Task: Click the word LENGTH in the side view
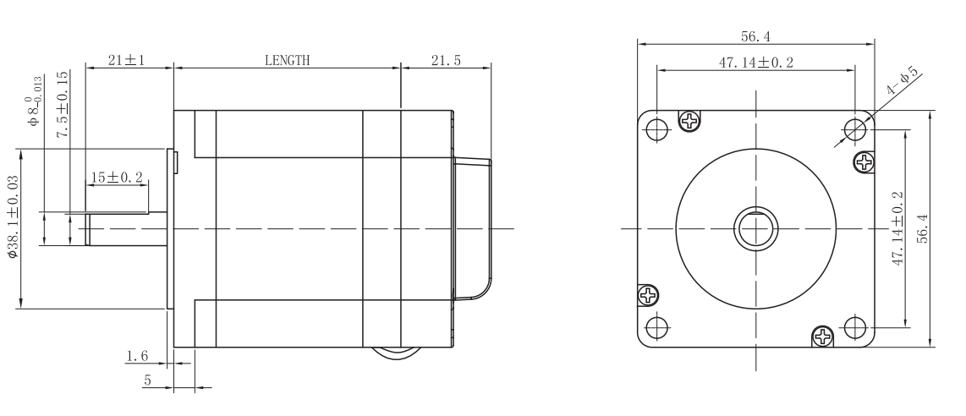[x=287, y=60]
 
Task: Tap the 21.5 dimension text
[x=444, y=60]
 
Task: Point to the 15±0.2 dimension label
[x=117, y=178]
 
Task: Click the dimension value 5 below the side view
[x=146, y=380]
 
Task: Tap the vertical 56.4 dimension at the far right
[x=925, y=228]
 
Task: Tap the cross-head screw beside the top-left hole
[x=691, y=121]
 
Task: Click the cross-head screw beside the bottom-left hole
[x=649, y=295]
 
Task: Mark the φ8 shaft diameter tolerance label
[x=36, y=101]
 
